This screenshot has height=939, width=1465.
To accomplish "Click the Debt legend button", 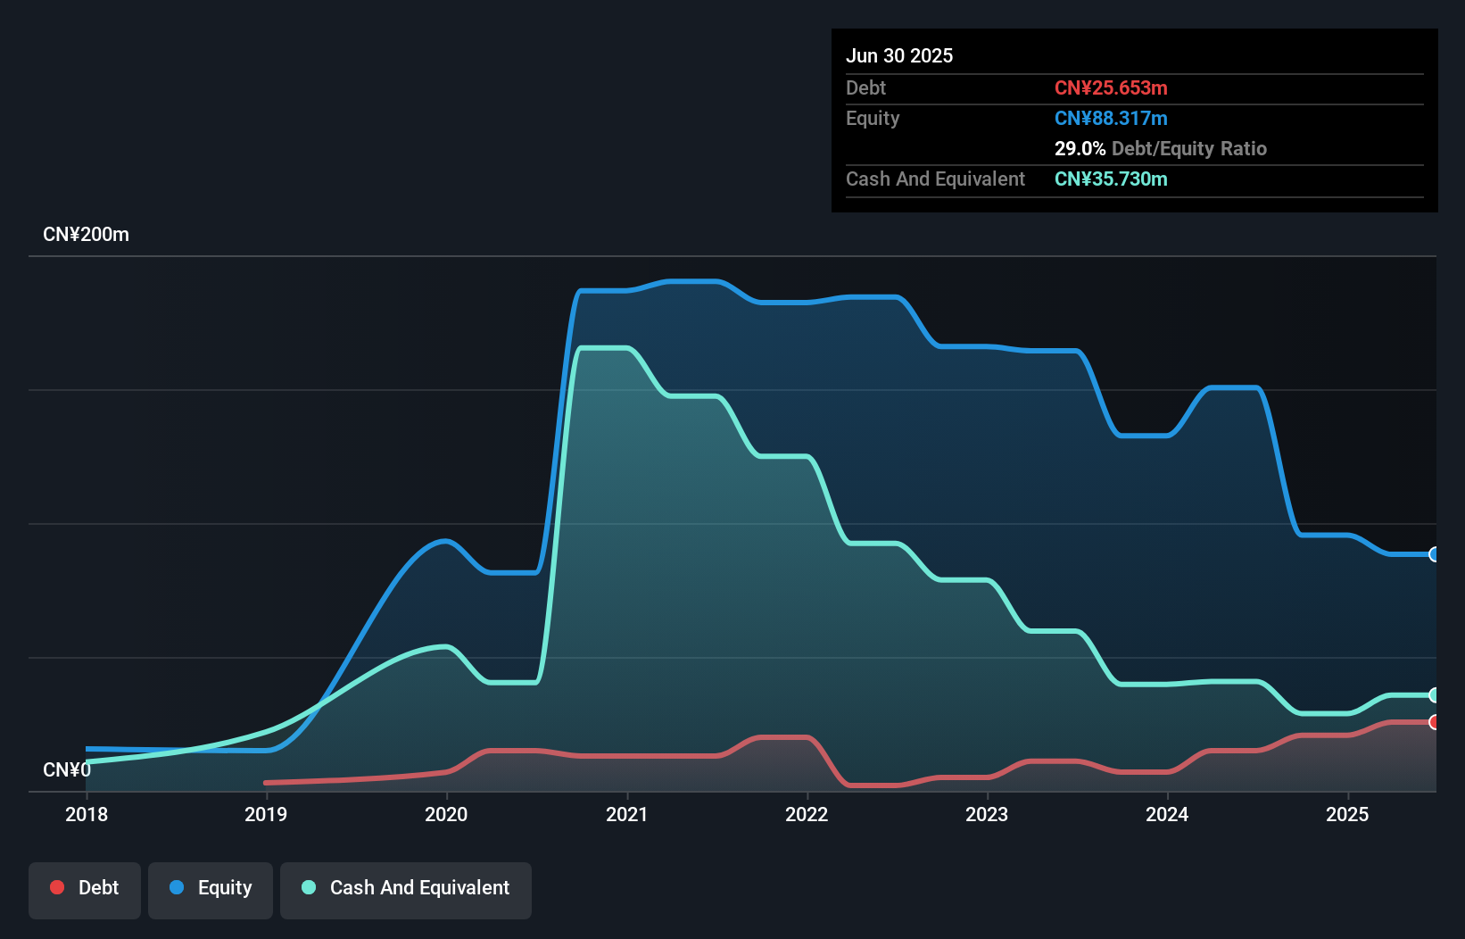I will click(85, 889).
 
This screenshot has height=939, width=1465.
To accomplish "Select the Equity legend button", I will click(211, 889).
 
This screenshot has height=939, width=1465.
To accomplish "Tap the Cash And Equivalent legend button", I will click(406, 889).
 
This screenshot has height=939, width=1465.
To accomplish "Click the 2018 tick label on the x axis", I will click(87, 814).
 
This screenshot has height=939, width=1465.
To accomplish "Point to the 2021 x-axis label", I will click(626, 814).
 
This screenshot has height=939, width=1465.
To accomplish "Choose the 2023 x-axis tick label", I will click(987, 814).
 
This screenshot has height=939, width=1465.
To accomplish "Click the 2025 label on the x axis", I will click(1347, 814).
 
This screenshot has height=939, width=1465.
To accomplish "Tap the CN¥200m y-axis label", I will click(86, 235).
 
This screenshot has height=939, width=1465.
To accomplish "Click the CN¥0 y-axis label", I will click(67, 769).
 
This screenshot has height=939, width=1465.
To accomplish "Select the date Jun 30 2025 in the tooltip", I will click(899, 55).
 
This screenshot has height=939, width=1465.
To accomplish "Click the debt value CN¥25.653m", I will click(1111, 87).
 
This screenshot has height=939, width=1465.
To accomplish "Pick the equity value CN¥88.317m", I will click(1111, 118).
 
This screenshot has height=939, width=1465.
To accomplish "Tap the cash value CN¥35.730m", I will click(1111, 179).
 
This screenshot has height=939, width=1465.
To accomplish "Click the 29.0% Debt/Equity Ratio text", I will click(1160, 148).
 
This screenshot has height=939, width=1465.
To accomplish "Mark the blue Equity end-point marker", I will click(1434, 554).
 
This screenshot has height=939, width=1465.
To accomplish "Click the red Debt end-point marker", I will click(1434, 722).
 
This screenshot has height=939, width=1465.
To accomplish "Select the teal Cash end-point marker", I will click(1434, 694).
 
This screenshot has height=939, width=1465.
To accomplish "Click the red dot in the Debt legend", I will click(57, 887).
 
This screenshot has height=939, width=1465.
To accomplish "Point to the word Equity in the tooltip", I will click(873, 118).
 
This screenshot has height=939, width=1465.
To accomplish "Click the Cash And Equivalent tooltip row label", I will click(935, 179).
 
